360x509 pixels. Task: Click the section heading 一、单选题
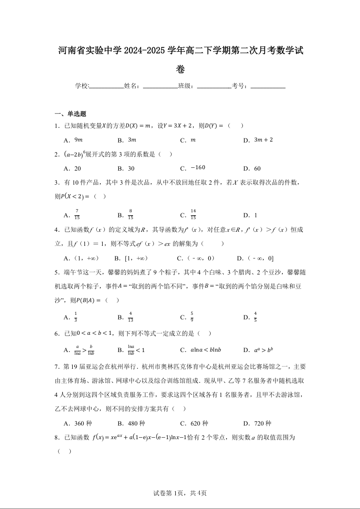click(x=70, y=114)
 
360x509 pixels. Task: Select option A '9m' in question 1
click(x=78, y=140)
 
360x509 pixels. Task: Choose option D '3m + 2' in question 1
click(x=263, y=140)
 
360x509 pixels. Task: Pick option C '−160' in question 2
click(x=198, y=168)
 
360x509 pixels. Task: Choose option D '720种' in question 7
click(x=263, y=423)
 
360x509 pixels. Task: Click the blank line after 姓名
click(x=160, y=86)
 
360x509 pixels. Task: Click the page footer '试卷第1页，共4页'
click(x=180, y=493)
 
